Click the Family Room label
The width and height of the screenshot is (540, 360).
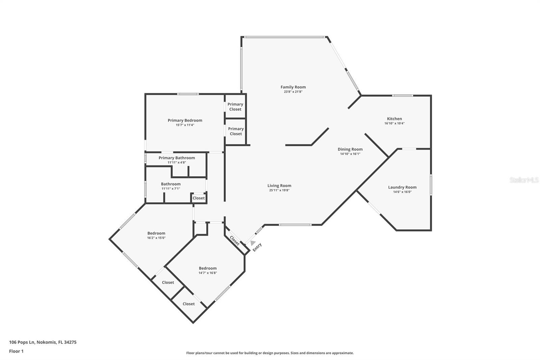[x=293, y=87]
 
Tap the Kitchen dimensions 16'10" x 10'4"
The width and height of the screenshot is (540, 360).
[x=395, y=123]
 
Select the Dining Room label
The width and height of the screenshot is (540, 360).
[x=350, y=149]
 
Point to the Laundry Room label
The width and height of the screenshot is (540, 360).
[x=402, y=187]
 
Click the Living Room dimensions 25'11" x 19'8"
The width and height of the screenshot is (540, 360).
[x=279, y=190]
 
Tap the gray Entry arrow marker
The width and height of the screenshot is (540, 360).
[x=252, y=243]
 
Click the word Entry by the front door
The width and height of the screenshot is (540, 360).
[x=257, y=247]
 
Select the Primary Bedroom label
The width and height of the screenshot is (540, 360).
[x=185, y=121]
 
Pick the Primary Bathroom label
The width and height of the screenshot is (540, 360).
[x=177, y=158]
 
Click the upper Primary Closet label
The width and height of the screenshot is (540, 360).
[x=235, y=107]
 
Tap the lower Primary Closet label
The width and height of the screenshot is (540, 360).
[x=236, y=131]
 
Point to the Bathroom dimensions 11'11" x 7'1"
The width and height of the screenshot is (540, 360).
[x=171, y=189]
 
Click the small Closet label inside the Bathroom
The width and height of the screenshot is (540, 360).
[x=199, y=198]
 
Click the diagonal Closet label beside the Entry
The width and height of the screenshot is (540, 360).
[x=235, y=240]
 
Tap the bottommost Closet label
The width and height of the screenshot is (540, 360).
[x=189, y=304]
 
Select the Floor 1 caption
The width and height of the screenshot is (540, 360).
[x=16, y=351]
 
